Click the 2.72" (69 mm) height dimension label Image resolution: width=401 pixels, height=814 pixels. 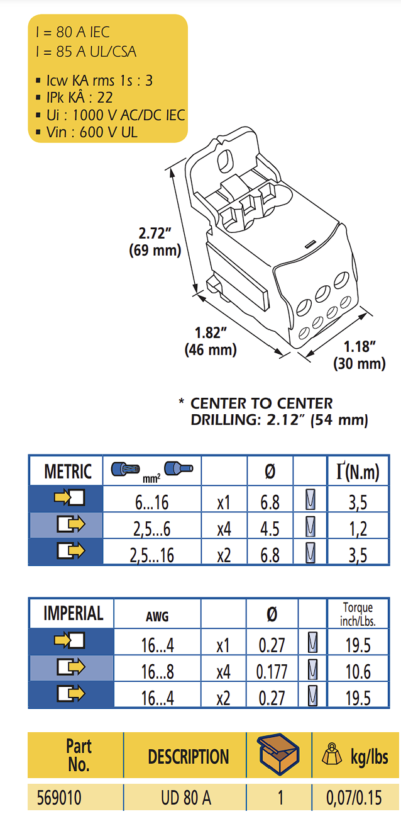(x=155, y=242)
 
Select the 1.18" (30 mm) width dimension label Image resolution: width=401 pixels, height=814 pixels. (x=360, y=356)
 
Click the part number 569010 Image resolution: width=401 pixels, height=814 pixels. (x=59, y=798)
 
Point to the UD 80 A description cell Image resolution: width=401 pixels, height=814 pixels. (x=186, y=798)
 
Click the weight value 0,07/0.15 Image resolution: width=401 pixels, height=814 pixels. (x=354, y=798)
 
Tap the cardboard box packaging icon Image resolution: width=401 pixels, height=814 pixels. (x=278, y=754)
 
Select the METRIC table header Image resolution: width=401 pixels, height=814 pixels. (x=68, y=472)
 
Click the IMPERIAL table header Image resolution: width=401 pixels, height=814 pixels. (x=74, y=613)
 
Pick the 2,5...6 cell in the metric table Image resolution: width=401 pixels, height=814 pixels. (x=151, y=529)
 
